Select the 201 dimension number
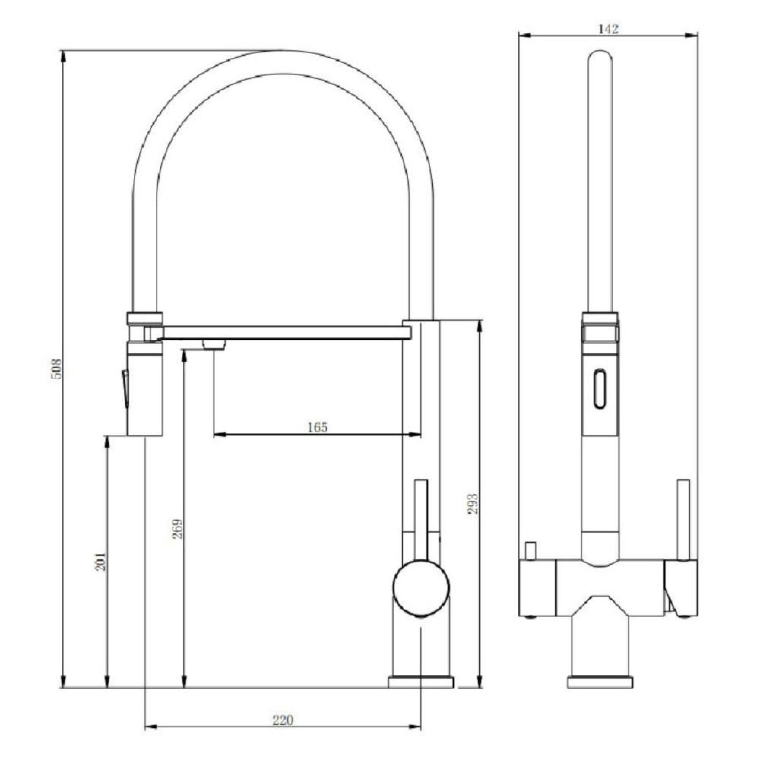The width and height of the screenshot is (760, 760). pos(101,561)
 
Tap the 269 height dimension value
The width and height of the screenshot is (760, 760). pos(178,529)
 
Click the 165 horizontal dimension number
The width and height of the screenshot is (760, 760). pos(317,427)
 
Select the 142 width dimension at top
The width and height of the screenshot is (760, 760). pos(608,29)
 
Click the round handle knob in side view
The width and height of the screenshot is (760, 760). pos(421,587)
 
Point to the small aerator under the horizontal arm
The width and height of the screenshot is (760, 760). pos(214,345)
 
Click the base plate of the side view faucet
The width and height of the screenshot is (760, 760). pos(421,682)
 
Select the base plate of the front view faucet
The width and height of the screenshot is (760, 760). pos(600,682)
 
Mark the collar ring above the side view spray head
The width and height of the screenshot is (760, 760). pos(144,318)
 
